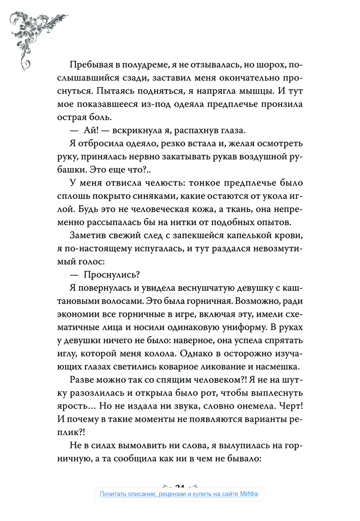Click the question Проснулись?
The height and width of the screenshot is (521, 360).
click(x=112, y=275)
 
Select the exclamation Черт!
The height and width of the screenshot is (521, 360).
click(x=291, y=406)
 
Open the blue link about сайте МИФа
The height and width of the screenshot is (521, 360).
click(x=179, y=494)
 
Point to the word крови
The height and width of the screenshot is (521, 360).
click(x=287, y=235)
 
